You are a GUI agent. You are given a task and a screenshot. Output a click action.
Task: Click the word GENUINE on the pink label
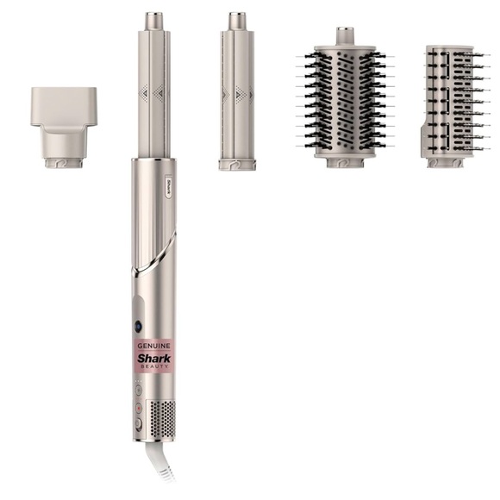(153, 346)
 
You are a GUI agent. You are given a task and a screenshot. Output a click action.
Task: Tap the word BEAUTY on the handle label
(154, 366)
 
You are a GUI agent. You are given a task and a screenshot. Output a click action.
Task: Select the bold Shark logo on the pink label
(154, 359)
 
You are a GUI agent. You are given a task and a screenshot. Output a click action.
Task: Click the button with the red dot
(139, 408)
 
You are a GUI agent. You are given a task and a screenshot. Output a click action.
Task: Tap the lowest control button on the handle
(138, 423)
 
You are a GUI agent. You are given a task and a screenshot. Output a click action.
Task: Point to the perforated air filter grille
(162, 419)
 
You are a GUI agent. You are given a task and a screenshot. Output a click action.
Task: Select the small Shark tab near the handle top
(168, 186)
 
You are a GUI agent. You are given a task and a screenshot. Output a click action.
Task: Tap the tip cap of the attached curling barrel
(153, 21)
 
